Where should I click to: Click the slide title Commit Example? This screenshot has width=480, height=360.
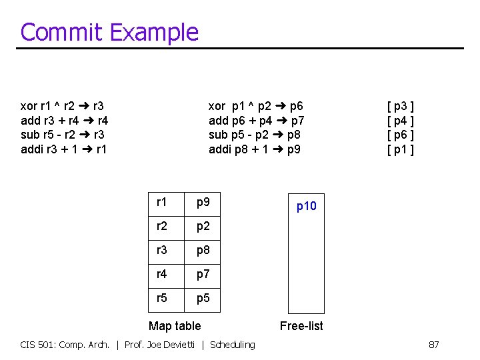click(x=109, y=32)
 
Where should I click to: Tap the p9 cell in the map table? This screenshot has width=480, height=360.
click(x=203, y=201)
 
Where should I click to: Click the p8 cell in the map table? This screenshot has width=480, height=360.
click(x=203, y=249)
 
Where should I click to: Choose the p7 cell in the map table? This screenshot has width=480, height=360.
click(x=203, y=273)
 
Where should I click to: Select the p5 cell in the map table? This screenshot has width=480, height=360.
click(x=203, y=298)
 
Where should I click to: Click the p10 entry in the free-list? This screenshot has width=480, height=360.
click(x=306, y=207)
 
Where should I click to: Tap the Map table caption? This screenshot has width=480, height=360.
click(x=174, y=325)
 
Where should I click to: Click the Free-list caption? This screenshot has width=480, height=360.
click(x=301, y=325)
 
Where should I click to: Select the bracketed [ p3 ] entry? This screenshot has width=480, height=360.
click(x=401, y=106)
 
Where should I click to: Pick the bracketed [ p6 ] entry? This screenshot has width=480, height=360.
click(x=401, y=135)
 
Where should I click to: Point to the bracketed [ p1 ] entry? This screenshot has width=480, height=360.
click(x=401, y=149)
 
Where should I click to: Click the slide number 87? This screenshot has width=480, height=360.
click(x=433, y=345)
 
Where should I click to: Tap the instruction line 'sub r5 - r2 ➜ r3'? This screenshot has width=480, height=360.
click(x=62, y=135)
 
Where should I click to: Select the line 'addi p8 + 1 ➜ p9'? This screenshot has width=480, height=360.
click(x=255, y=149)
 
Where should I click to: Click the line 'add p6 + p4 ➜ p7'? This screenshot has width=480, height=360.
click(x=257, y=121)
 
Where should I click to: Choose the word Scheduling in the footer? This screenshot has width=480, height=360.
click(x=232, y=345)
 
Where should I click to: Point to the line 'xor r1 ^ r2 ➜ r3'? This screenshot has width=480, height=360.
click(x=62, y=106)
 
